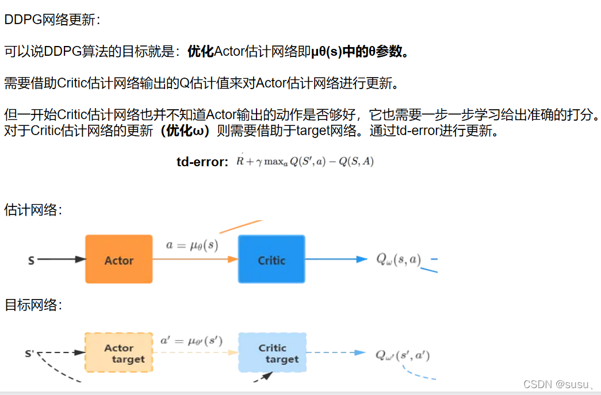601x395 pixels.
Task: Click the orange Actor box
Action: (119, 259)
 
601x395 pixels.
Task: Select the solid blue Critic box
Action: (271, 259)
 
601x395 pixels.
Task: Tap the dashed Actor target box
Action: (119, 353)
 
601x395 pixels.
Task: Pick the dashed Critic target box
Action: (272, 353)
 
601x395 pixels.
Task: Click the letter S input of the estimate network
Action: (31, 260)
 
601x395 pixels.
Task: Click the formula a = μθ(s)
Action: (192, 245)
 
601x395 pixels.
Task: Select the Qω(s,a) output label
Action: (399, 259)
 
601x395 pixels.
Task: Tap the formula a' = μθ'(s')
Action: (192, 340)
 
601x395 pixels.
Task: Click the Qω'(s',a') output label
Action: (403, 355)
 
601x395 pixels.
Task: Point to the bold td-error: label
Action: (202, 162)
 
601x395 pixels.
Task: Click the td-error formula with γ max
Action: (305, 162)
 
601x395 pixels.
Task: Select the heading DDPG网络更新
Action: (52, 20)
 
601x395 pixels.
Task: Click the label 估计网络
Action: (33, 210)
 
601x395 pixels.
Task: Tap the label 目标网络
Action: (33, 305)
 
